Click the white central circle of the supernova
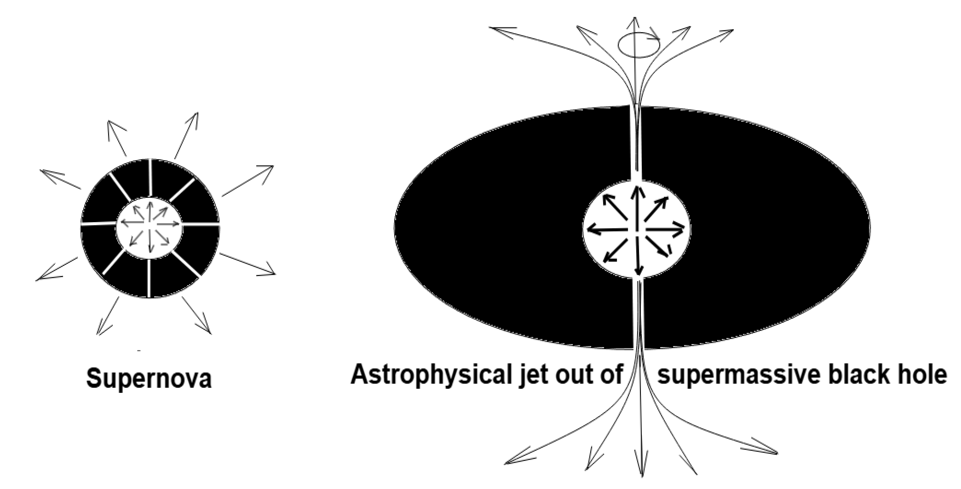[149, 228]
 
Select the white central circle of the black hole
[636, 229]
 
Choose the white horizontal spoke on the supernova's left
[99, 224]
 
